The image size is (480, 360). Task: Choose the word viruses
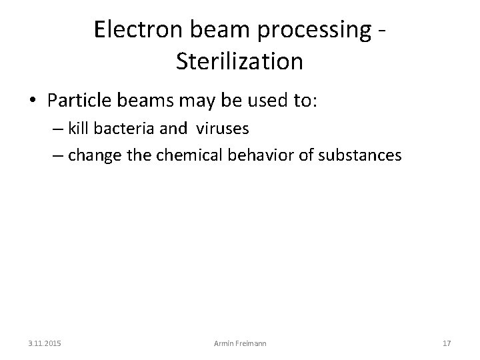(x=222, y=128)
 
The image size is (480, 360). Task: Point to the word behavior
(x=259, y=155)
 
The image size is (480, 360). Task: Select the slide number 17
(x=447, y=343)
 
